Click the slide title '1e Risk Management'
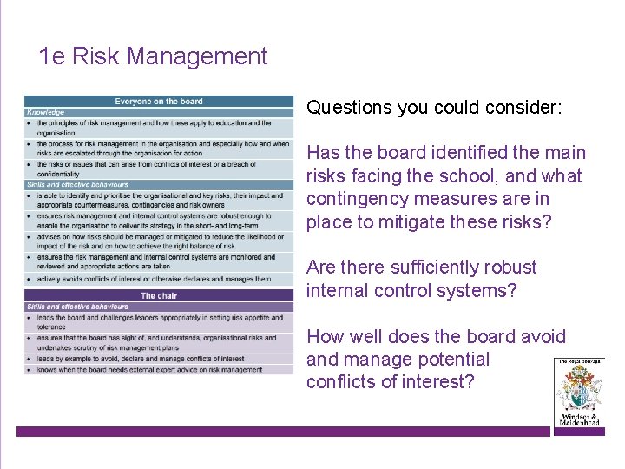pyautogui.click(x=154, y=57)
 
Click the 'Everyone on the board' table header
pyautogui.click(x=159, y=102)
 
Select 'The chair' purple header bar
pyautogui.click(x=159, y=296)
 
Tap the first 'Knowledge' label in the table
pyautogui.click(x=45, y=112)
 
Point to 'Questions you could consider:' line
pyautogui.click(x=434, y=108)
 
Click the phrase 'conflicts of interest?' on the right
pyautogui.click(x=391, y=382)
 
